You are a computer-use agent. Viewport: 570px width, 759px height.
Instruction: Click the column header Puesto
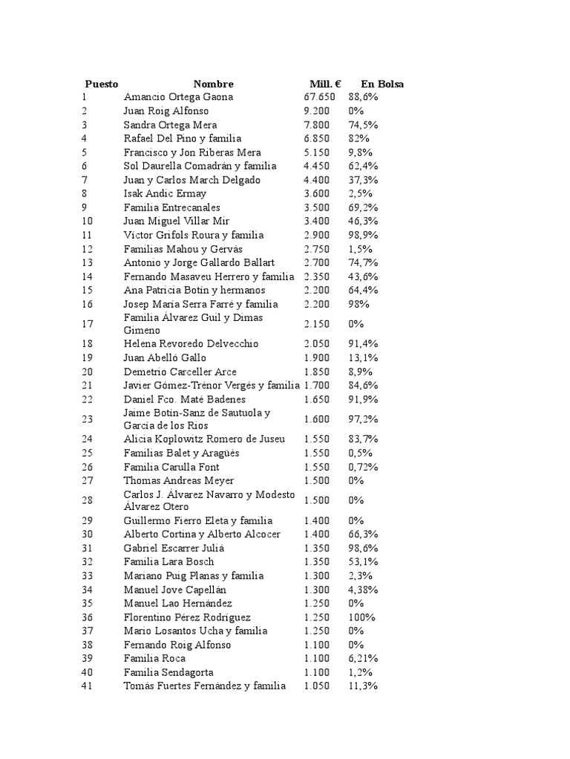click(101, 84)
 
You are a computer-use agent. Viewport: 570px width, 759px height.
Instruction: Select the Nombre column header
click(213, 84)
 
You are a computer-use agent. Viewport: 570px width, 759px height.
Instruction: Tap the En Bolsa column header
click(382, 84)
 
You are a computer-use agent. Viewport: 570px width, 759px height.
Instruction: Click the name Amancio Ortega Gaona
click(178, 97)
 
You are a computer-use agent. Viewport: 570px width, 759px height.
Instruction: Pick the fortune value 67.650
click(319, 97)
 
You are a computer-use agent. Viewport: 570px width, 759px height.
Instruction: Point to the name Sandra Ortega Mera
click(170, 125)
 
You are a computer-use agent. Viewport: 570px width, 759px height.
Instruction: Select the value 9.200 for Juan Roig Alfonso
click(317, 111)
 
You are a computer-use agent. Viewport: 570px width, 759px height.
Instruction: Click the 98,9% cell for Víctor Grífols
click(363, 235)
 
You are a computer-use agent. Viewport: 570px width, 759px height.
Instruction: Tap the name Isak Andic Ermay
click(165, 193)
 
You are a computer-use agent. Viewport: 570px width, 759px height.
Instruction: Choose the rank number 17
click(88, 323)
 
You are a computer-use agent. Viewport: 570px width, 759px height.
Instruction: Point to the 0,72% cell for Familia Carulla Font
click(363, 467)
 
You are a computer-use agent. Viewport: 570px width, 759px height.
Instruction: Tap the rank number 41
click(88, 686)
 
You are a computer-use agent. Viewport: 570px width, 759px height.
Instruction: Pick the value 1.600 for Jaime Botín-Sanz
click(317, 420)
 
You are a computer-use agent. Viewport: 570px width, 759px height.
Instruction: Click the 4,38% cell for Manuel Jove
click(363, 589)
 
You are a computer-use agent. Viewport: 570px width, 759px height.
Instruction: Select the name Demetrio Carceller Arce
click(180, 371)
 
